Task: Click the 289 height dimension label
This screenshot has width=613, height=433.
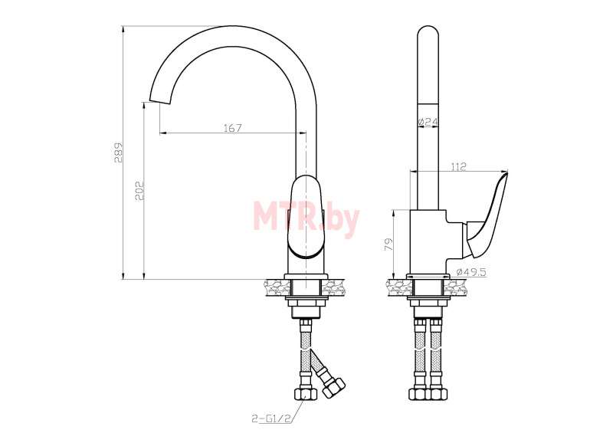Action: click(119, 153)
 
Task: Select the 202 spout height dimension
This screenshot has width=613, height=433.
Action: click(139, 191)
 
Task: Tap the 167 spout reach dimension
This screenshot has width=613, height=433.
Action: click(233, 128)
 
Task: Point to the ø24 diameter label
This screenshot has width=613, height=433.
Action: click(428, 122)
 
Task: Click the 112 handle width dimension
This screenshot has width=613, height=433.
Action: click(458, 166)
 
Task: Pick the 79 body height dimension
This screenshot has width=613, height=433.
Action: click(389, 244)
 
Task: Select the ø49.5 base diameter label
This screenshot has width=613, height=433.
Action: click(471, 272)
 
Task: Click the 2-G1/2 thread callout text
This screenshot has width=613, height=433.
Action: click(272, 418)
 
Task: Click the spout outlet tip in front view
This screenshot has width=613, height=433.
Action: click(160, 100)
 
